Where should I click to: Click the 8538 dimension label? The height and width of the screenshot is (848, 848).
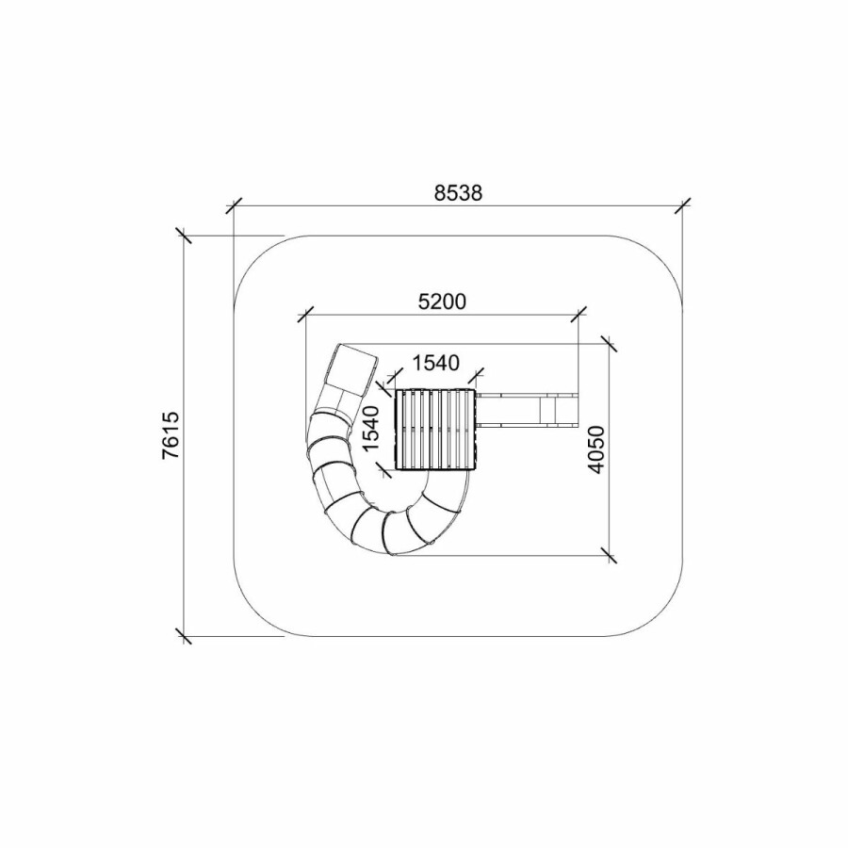pos(458,192)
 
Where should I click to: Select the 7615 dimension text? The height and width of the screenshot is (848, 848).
pos(171,436)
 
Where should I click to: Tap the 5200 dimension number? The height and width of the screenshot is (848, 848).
pos(442,302)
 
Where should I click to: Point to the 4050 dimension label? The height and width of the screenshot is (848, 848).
pos(595,450)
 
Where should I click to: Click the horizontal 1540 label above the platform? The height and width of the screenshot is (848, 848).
pos(436,363)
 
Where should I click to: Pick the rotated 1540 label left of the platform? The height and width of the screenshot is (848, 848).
pos(371,429)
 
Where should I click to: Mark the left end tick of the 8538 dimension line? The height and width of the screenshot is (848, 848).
pos(234,205)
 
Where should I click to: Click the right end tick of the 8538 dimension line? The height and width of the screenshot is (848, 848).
pos(682,205)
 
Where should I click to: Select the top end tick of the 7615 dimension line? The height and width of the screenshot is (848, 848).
pos(185,236)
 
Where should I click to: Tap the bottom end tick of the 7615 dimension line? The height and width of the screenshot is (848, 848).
pos(185,636)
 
